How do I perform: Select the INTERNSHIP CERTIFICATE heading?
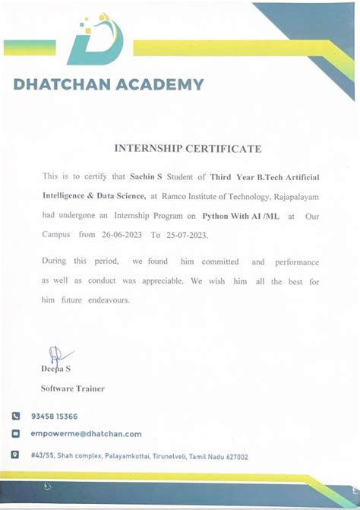pyautogui.click(x=188, y=149)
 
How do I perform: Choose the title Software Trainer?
pyautogui.click(x=73, y=388)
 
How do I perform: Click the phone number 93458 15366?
pyautogui.click(x=55, y=417)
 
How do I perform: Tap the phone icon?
pyautogui.click(x=15, y=417)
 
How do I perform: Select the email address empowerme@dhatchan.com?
pyautogui.click(x=87, y=434)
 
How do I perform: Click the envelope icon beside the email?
pyautogui.click(x=15, y=434)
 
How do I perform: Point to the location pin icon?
pyautogui.click(x=15, y=455)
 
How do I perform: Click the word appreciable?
pyautogui.click(x=161, y=281)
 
